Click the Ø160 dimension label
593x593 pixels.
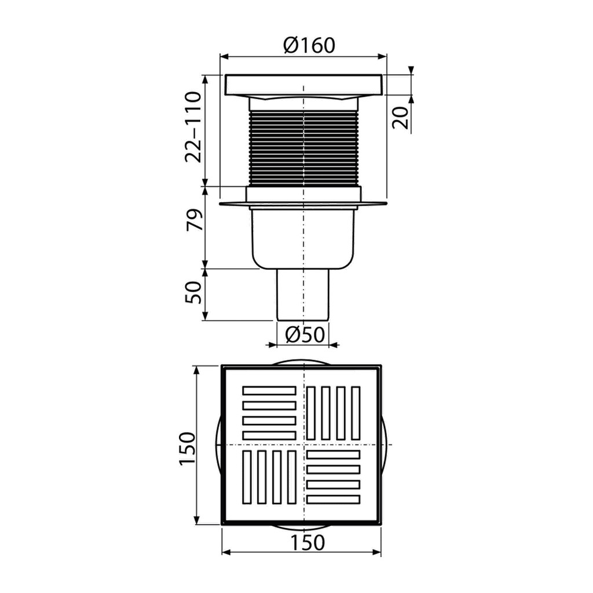(x=309, y=45)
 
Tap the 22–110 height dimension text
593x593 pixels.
(x=193, y=127)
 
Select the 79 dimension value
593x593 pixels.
(x=193, y=219)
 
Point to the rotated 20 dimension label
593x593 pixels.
(x=401, y=118)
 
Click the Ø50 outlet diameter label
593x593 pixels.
(x=305, y=334)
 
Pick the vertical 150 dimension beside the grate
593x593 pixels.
(x=187, y=448)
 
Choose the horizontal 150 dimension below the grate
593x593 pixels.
(x=308, y=543)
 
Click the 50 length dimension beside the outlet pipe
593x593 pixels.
(x=193, y=292)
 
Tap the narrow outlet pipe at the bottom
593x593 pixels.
(x=303, y=295)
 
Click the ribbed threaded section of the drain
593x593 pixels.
(x=303, y=148)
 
